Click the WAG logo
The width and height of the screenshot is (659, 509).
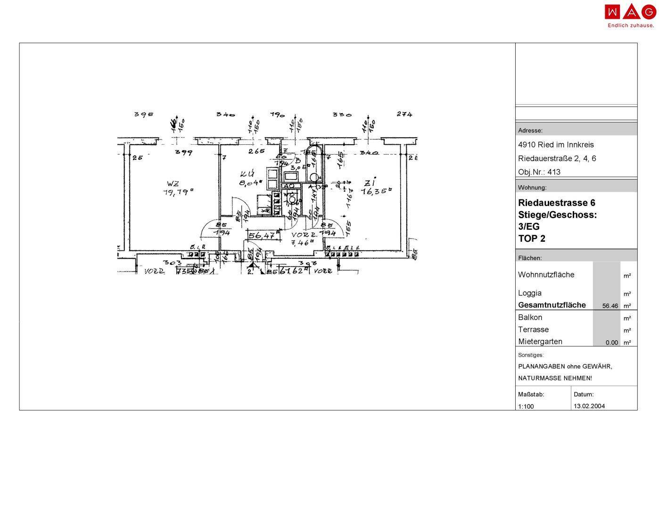point(630,12)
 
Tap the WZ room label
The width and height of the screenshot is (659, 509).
point(173,183)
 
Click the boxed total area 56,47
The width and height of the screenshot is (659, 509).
point(262,236)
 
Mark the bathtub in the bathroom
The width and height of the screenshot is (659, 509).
point(313,165)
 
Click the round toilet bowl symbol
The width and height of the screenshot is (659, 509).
point(292,199)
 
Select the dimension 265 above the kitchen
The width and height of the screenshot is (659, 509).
point(256,151)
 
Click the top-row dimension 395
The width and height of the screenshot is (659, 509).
point(143,114)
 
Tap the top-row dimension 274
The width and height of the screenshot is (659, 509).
point(404,114)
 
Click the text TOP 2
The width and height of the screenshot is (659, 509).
point(532,238)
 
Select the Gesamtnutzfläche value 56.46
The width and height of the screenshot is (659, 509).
point(610,306)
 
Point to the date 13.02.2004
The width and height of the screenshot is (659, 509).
point(589,406)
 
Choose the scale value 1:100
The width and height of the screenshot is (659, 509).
point(526,406)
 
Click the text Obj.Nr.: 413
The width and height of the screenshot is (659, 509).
point(539,172)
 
